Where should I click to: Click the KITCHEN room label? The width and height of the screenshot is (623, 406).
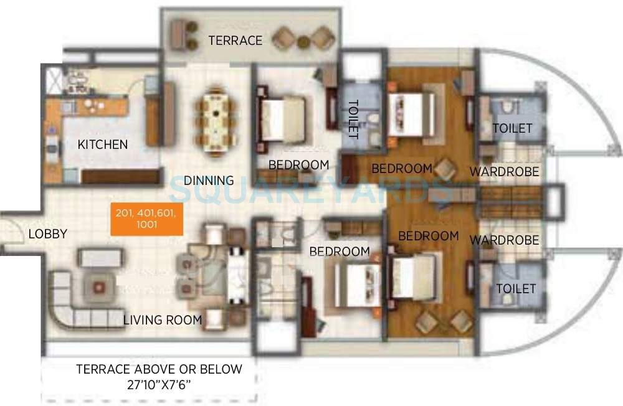tap(102, 144)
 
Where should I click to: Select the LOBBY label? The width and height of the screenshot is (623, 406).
tap(47, 234)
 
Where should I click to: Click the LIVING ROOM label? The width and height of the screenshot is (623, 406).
tap(162, 320)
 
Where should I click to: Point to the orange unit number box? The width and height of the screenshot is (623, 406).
tap(146, 219)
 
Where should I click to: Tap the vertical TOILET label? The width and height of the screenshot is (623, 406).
tap(353, 118)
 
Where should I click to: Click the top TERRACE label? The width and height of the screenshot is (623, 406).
tap(235, 40)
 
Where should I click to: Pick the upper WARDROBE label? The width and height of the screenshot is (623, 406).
tap(504, 171)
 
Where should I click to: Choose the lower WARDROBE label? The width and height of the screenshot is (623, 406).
tap(504, 240)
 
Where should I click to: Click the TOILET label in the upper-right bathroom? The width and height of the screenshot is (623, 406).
tap(512, 128)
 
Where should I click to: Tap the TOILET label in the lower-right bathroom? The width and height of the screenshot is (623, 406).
tap(516, 289)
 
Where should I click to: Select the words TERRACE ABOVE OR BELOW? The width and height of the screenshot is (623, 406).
tap(159, 369)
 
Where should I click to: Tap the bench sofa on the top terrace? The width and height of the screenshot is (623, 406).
tap(183, 34)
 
